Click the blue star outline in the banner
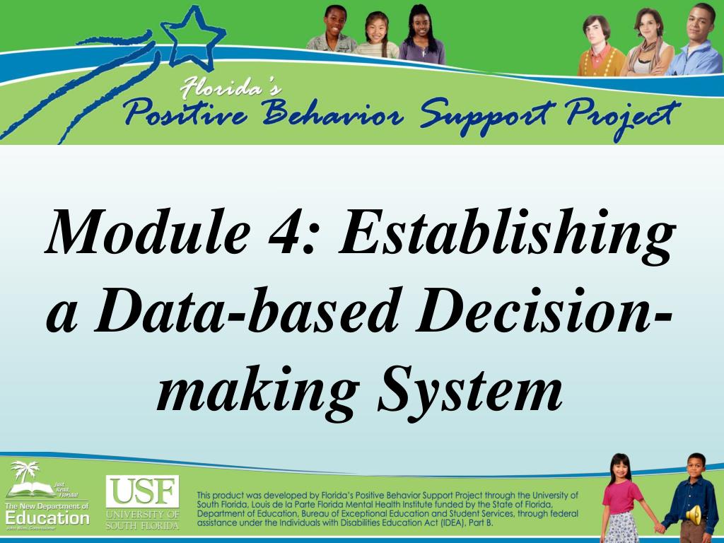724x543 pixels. click(x=192, y=35)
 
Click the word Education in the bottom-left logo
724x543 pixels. click(x=47, y=518)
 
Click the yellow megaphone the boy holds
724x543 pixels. click(x=695, y=514)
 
